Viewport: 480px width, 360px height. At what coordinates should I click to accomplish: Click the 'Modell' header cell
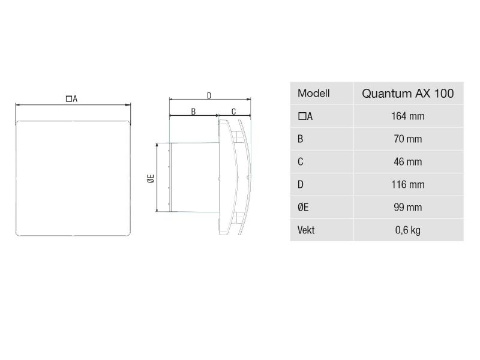pyautogui.click(x=313, y=94)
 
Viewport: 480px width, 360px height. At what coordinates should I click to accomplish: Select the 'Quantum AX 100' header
pyautogui.click(x=407, y=94)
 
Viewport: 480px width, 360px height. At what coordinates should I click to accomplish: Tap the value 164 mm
pyautogui.click(x=407, y=116)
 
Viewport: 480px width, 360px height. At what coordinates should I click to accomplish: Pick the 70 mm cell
pyautogui.click(x=407, y=139)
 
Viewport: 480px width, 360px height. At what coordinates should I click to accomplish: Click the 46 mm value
pyautogui.click(x=407, y=162)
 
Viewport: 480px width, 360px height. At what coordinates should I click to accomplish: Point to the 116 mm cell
pyautogui.click(x=407, y=185)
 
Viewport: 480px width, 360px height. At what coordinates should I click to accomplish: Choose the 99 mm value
pyautogui.click(x=407, y=208)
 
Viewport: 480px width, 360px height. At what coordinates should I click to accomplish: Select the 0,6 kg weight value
pyautogui.click(x=407, y=230)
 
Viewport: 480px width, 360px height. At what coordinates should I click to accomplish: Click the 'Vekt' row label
pyautogui.click(x=305, y=230)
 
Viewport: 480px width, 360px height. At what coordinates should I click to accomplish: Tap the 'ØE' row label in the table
pyautogui.click(x=302, y=208)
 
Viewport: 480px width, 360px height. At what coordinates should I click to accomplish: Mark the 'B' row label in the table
pyautogui.click(x=300, y=139)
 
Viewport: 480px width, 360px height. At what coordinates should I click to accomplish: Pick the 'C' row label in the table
pyautogui.click(x=300, y=162)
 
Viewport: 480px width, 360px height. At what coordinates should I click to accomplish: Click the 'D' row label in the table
pyautogui.click(x=300, y=185)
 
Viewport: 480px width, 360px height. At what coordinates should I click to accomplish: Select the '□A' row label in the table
pyautogui.click(x=304, y=116)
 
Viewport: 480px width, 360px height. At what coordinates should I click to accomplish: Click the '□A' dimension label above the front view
pyautogui.click(x=71, y=98)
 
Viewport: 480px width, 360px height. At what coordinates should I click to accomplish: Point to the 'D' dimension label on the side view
pyautogui.click(x=208, y=95)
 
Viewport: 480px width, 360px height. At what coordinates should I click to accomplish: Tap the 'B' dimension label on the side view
pyautogui.click(x=193, y=111)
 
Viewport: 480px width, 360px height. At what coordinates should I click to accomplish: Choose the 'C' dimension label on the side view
pyautogui.click(x=233, y=111)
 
